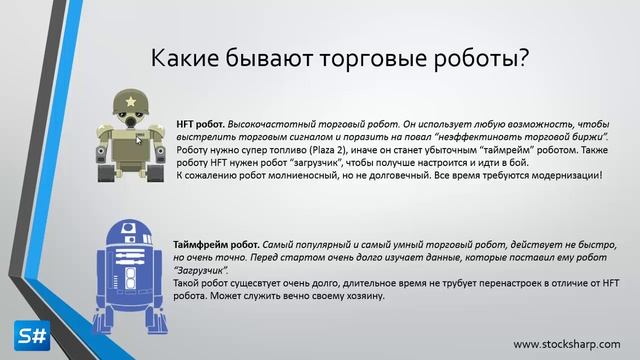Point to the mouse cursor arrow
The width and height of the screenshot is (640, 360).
pyautogui.click(x=140, y=139)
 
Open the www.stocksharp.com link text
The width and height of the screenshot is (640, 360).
pyautogui.click(x=567, y=344)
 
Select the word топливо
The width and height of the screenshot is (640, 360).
pyautogui.click(x=255, y=149)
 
